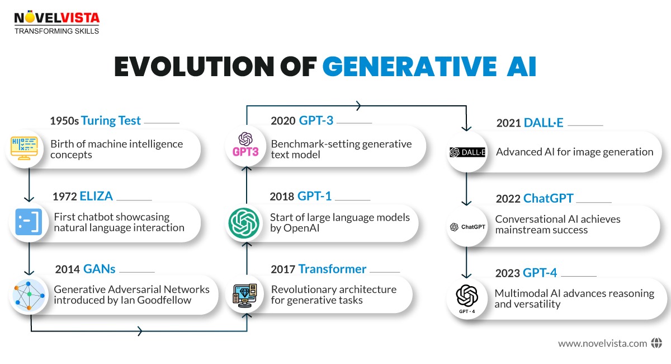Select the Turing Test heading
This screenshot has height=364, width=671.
point(111,120)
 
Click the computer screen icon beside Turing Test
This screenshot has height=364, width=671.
point(25,148)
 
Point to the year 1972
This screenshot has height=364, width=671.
point(65,197)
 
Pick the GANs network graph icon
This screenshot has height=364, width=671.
point(28,295)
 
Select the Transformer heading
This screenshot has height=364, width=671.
point(332,269)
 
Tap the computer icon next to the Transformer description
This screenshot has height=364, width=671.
point(244,295)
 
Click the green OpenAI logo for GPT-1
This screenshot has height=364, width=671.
point(244,222)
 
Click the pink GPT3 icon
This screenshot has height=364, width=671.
point(244,147)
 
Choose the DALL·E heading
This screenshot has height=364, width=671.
point(544,123)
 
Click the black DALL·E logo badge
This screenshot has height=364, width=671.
point(467,152)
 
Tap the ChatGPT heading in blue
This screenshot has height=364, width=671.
point(549,199)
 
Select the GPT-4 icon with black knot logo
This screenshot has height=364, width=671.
point(467,299)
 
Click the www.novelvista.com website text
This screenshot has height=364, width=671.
point(602,343)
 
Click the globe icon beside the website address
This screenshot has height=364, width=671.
point(656,343)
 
